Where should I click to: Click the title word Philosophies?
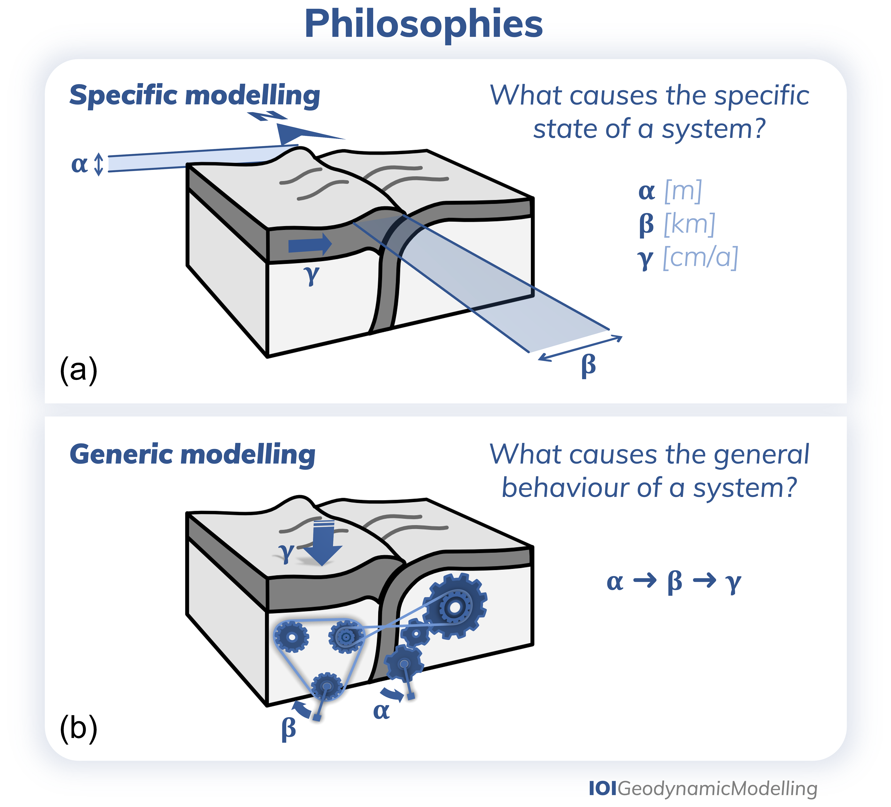[x=423, y=25]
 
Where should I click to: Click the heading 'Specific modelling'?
[x=195, y=95]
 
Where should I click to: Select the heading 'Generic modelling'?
[x=192, y=454]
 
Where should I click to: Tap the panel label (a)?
[x=78, y=369]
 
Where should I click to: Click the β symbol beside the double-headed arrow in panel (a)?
[x=588, y=366]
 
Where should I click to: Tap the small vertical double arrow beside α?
[x=99, y=164]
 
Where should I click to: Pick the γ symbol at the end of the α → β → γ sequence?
[x=733, y=583]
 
